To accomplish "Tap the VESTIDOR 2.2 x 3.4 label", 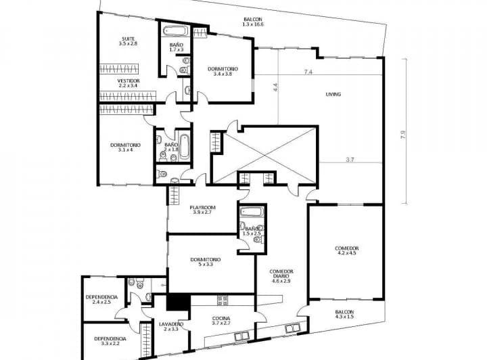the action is pyautogui.click(x=129, y=83).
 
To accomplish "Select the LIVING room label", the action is pyautogui.click(x=333, y=94).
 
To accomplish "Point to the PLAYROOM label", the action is pyautogui.click(x=202, y=208).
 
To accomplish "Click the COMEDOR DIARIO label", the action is pyautogui.click(x=281, y=273).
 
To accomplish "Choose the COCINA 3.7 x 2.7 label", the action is pyautogui.click(x=221, y=321).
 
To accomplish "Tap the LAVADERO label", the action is pyautogui.click(x=171, y=324).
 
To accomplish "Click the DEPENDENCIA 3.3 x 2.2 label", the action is pyautogui.click(x=110, y=341).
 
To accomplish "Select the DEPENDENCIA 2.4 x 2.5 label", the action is pyautogui.click(x=101, y=299).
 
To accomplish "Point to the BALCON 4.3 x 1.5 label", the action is pyautogui.click(x=344, y=315).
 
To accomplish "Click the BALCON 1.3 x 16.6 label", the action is pyautogui.click(x=253, y=22).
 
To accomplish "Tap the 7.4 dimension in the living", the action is pyautogui.click(x=308, y=72).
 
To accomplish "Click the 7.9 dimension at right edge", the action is pyautogui.click(x=403, y=135).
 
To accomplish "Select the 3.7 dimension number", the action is pyautogui.click(x=350, y=160).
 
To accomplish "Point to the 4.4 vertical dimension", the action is pyautogui.click(x=275, y=87).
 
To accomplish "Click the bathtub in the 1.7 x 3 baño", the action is pyautogui.click(x=175, y=31).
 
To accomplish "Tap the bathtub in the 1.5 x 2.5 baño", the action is pyautogui.click(x=252, y=212).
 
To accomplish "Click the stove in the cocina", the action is pyautogui.click(x=223, y=300).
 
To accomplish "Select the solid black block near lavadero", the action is pyautogui.click(x=179, y=302).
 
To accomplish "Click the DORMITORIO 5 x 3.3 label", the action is pyautogui.click(x=206, y=262).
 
